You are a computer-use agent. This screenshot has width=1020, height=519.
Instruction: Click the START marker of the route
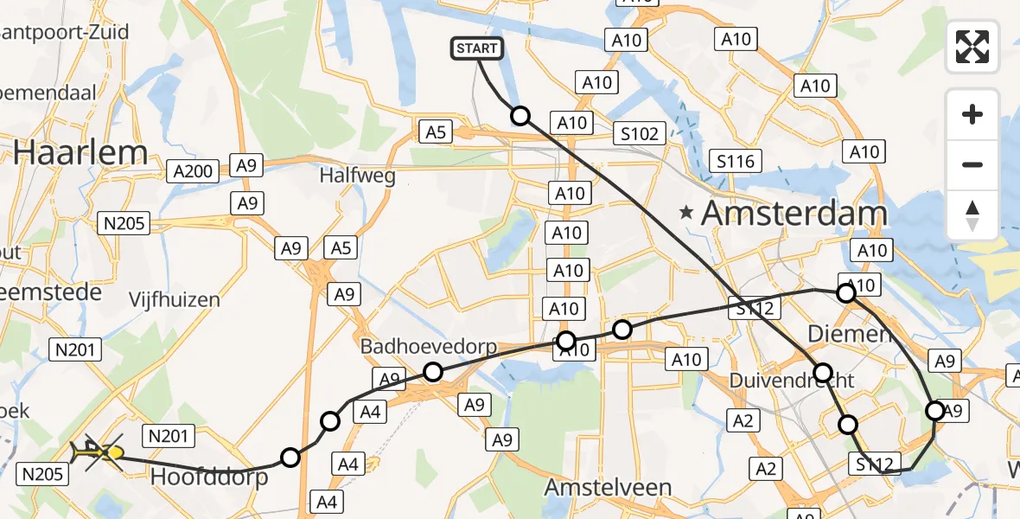point(476,48)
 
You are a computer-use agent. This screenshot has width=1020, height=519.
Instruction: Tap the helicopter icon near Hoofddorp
point(87,451)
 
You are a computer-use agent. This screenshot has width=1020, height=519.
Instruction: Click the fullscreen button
point(972,47)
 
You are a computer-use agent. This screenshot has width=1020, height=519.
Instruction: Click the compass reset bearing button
point(972,215)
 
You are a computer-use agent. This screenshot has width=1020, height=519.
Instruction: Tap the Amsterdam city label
point(794,213)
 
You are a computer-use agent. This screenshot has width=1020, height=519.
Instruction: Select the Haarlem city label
point(81,153)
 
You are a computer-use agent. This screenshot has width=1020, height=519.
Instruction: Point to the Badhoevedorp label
point(429,347)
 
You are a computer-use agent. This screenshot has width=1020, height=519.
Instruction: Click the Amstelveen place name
point(608,487)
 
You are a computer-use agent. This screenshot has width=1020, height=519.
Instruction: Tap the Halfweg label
point(357,176)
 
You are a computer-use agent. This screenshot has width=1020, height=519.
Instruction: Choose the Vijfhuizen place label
point(174,300)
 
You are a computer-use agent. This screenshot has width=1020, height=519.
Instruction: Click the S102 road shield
point(640,134)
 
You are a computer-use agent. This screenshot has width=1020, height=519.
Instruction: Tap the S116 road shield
point(736,161)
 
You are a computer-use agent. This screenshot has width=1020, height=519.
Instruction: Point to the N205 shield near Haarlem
point(124,223)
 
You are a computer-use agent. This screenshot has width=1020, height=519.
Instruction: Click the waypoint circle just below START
point(520,115)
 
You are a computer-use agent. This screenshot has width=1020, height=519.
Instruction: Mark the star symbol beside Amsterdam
point(687,212)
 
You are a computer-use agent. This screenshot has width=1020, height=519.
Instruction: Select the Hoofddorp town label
point(209,477)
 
